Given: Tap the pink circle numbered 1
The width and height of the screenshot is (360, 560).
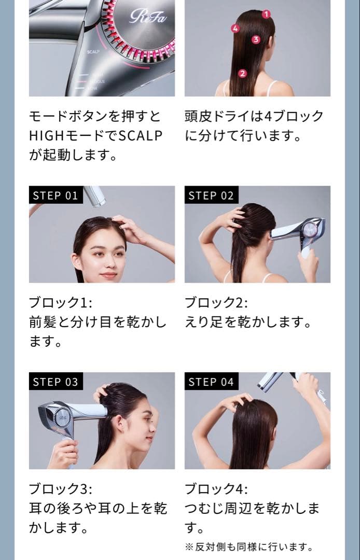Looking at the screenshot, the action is pos(266,15).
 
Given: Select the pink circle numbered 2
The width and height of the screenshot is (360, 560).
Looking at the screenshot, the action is pos(242,74).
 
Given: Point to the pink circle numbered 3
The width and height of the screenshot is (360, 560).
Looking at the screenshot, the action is pos(256,39).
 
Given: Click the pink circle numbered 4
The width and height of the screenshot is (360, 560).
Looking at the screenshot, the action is pos(235,28).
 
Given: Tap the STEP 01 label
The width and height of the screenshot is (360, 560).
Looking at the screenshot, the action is pos(56,195).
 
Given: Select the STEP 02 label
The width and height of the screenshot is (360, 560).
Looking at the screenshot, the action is pos(211,195).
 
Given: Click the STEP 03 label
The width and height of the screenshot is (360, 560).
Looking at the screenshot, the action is pos(56,382).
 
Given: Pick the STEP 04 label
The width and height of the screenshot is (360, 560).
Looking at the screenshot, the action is pos(211,382).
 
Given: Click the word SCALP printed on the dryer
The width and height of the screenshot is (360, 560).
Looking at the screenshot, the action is pos(93,52).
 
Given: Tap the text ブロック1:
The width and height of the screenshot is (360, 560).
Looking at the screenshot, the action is pos(60,302).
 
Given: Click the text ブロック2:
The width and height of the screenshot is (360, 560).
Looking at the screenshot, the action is pos(216,302).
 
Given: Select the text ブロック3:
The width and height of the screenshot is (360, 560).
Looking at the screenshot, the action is pos(60,489).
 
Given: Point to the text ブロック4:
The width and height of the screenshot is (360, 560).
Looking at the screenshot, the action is pos(216,489).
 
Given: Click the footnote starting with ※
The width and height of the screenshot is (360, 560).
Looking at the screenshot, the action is pos(249,547).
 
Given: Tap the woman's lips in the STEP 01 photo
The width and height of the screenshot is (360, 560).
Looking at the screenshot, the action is pos(108,275).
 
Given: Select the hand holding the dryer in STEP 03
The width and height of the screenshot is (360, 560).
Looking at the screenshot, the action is pos(64,454).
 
